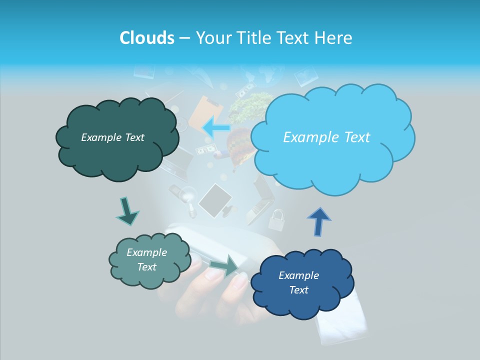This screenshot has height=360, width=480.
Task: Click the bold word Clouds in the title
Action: pos(146,38)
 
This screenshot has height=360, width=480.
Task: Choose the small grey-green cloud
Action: pos(149,260)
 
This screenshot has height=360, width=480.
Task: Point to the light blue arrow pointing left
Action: pos(216,127)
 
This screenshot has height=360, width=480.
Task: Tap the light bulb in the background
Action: pos(188,195)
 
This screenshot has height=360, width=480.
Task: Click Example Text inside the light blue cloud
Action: pos(326,137)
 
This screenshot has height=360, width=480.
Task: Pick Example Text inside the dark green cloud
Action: pos(112,137)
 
